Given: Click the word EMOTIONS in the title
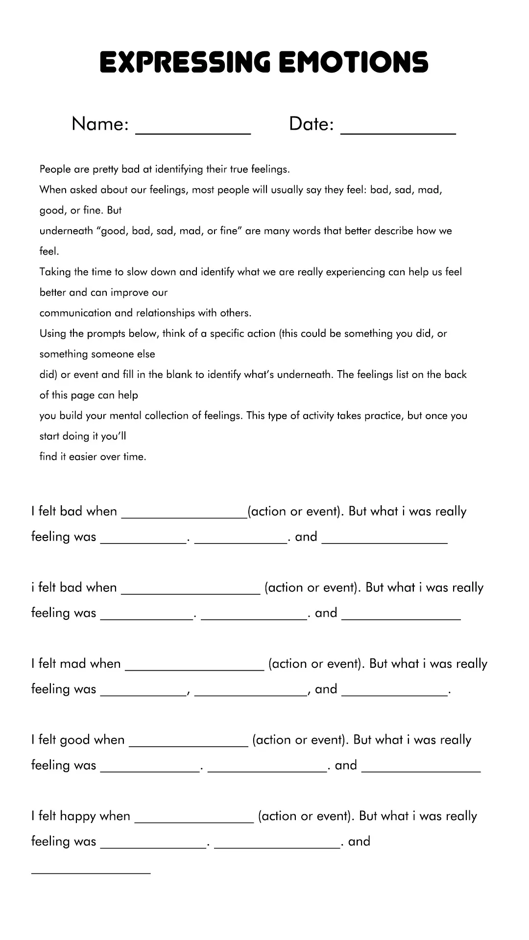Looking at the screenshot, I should [353, 63].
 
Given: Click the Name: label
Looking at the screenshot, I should [100, 124].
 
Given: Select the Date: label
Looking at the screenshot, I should [311, 124].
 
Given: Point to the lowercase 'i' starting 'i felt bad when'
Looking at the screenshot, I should [33, 587].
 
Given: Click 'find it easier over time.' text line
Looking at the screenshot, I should [93, 457].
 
